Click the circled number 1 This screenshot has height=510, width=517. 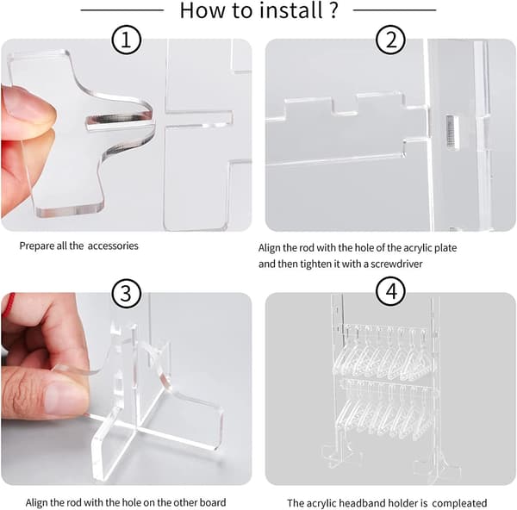[127, 40]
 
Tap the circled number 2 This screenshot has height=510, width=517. [390, 40]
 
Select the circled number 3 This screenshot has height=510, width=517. [127, 293]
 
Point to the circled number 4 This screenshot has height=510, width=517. [391, 292]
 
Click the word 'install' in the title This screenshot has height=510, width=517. [291, 9]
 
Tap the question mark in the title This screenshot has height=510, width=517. [333, 9]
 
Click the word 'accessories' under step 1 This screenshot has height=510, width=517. [113, 246]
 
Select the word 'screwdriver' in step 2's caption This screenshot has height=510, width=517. [396, 264]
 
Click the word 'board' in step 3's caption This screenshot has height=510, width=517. [213, 502]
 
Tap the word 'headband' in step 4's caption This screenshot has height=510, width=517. [360, 503]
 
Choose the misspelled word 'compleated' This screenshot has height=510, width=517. [459, 503]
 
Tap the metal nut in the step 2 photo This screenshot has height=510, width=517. [451, 132]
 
